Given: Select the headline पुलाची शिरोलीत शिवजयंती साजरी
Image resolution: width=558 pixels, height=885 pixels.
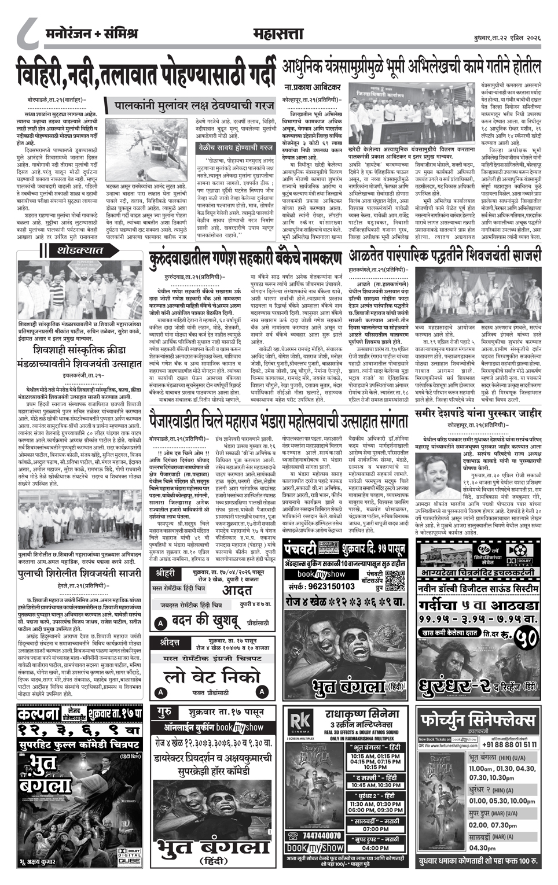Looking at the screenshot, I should point(79,573).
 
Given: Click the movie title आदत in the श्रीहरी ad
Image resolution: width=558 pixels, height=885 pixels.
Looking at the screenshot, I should point(237,589).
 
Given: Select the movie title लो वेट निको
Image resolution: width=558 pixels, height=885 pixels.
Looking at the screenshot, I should point(212,676).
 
